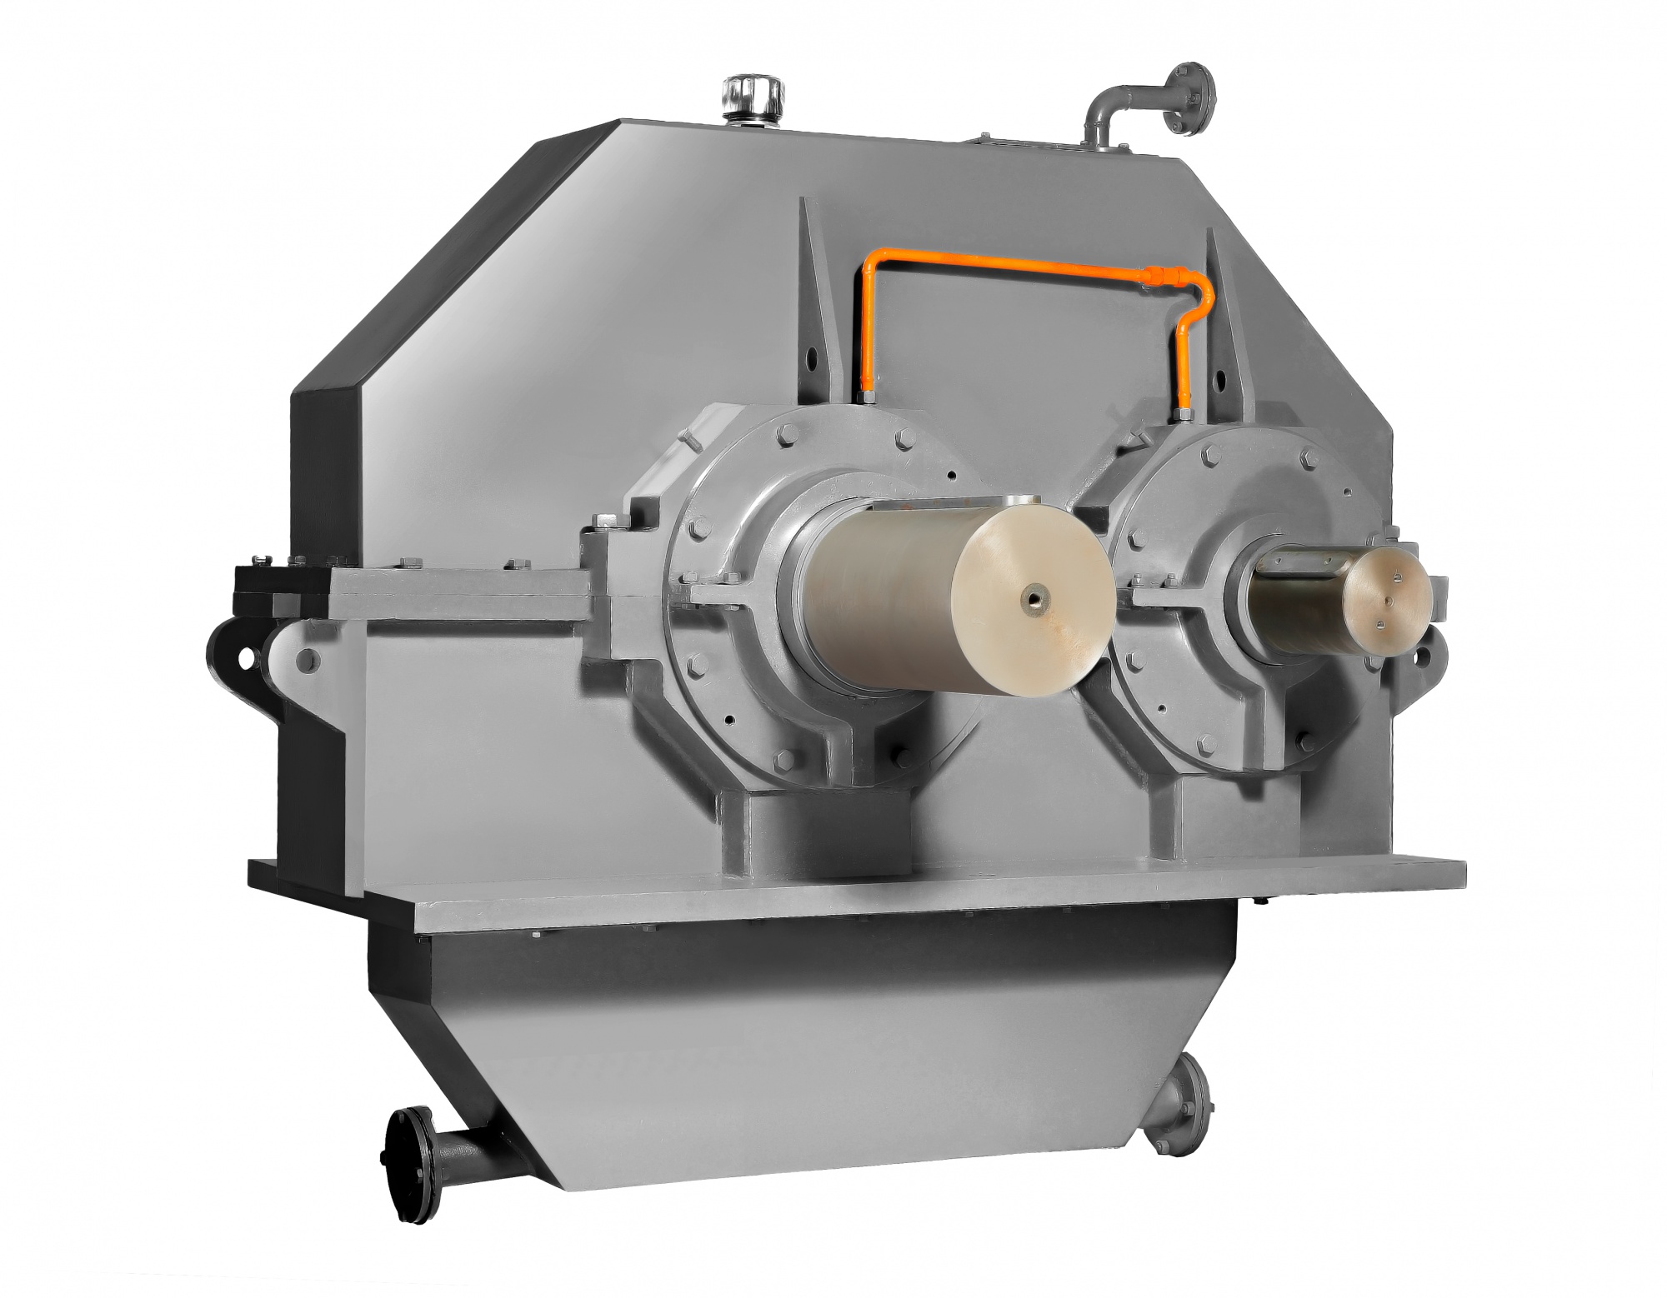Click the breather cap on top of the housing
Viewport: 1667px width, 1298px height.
point(750,98)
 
